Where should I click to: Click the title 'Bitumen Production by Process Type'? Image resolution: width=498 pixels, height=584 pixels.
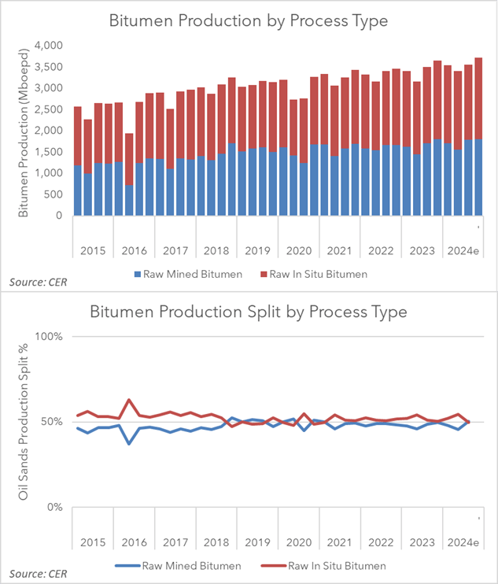point(248,20)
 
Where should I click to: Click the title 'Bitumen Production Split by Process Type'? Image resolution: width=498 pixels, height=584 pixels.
point(248,312)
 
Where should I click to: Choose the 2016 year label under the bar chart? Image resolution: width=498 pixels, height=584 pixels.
point(134,252)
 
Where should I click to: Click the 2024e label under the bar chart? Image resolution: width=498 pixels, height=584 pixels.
point(462,252)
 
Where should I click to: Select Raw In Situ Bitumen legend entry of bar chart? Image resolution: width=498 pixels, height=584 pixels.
point(314,274)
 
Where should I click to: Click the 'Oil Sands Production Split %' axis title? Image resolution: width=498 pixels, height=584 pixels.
point(24,422)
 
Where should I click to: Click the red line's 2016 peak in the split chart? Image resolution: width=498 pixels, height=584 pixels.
point(129,400)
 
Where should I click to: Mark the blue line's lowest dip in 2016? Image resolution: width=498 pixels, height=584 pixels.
point(129,444)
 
